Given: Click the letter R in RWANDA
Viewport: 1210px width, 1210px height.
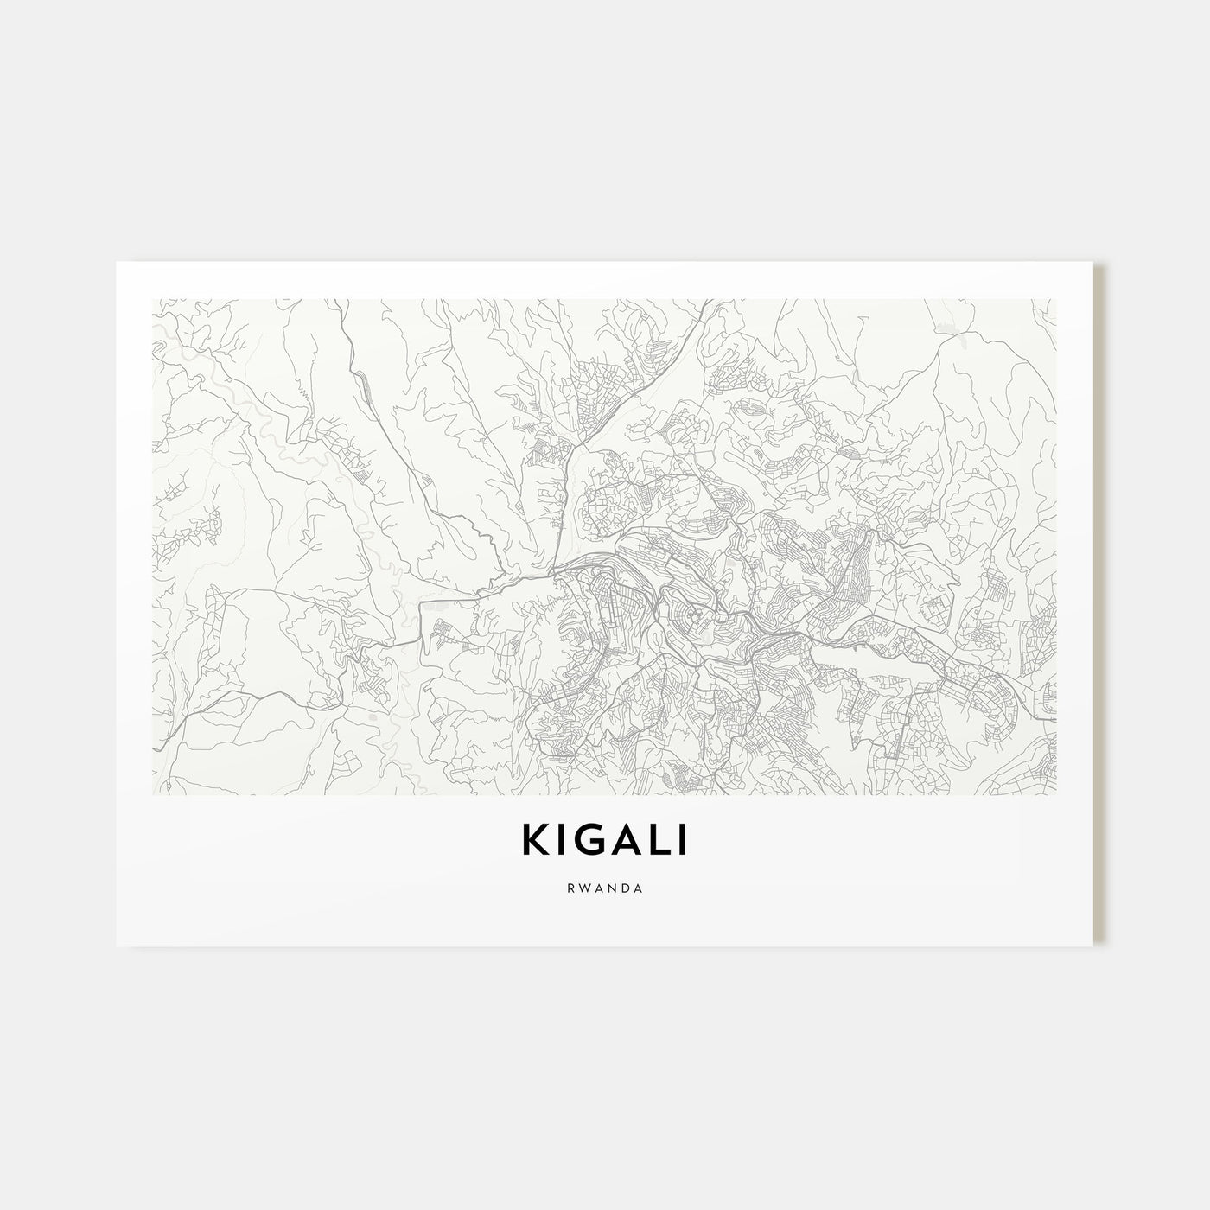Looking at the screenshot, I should pyautogui.click(x=572, y=888).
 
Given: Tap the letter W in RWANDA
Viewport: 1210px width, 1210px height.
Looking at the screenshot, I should pyautogui.click(x=585, y=888).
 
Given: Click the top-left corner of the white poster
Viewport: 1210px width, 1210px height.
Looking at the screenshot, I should pyautogui.click(x=117, y=262).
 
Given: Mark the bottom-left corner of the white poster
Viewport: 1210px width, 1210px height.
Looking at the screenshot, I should pyautogui.click(x=117, y=946).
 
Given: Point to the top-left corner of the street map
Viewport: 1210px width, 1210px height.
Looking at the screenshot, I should pyautogui.click(x=152, y=299).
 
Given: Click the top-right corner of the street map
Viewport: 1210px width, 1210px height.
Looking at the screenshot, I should pyautogui.click(x=1056, y=299).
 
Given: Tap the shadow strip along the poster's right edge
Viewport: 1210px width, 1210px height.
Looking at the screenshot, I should pyautogui.click(x=1100, y=605).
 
